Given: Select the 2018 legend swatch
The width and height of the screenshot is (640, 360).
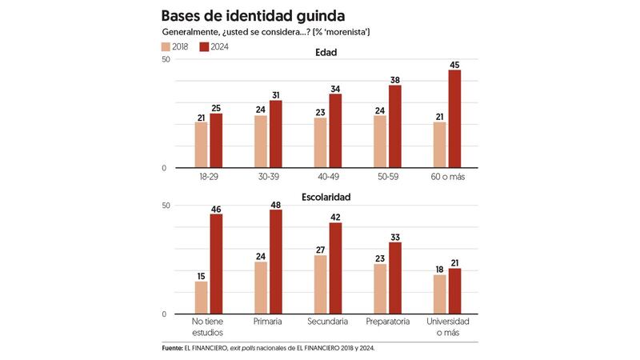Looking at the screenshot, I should click(166, 47).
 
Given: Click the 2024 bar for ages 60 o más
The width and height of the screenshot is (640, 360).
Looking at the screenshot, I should click(454, 119).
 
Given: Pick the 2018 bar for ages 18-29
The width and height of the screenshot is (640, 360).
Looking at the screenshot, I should click(201, 145).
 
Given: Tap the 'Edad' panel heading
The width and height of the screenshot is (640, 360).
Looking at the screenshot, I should click(326, 53).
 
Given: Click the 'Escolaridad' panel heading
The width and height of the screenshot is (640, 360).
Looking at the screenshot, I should click(326, 196).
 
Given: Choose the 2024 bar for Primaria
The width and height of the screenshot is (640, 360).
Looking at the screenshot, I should click(276, 262).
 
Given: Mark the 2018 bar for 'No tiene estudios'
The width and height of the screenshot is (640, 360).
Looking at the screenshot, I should click(201, 298).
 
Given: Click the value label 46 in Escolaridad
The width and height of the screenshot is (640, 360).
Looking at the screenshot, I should click(216, 209).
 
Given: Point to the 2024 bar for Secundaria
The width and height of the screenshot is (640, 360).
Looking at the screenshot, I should click(335, 268).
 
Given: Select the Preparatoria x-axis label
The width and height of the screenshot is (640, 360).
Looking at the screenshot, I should click(388, 321).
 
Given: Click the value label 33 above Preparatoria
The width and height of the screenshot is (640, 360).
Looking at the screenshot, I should click(395, 237).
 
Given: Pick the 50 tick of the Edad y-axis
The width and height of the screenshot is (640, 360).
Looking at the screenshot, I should click(165, 60).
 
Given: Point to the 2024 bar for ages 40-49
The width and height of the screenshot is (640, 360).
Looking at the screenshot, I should click(335, 131).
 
